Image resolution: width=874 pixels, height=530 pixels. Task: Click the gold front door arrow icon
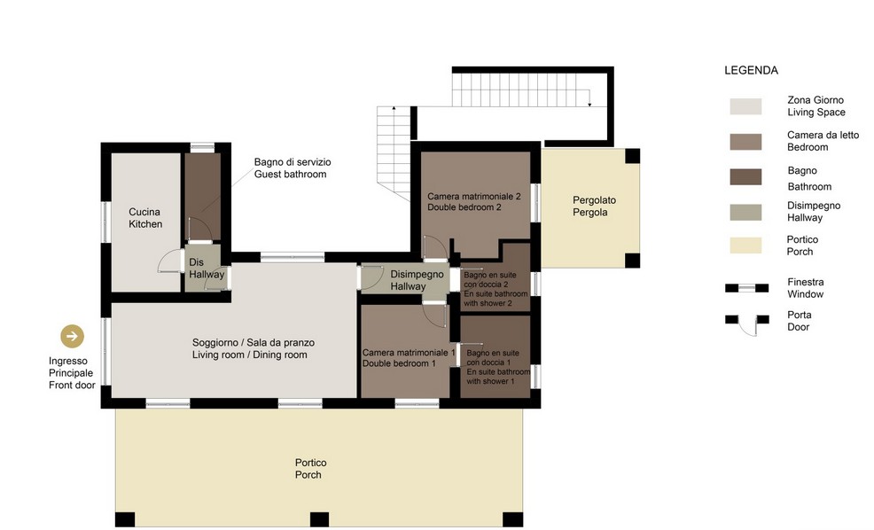click(x=73, y=336)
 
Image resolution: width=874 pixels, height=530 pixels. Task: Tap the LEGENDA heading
click(x=751, y=70)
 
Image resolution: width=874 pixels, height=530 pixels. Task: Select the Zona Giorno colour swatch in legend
click(x=745, y=106)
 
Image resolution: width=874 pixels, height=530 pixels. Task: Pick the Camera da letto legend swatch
click(x=745, y=142)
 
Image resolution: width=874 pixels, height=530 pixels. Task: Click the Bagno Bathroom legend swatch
click(x=745, y=176)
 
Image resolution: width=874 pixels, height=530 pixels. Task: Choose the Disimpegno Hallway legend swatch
click(x=745, y=213)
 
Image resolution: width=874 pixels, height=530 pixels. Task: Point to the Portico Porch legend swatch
click(x=745, y=246)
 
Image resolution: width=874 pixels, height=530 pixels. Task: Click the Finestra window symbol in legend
click(x=747, y=288)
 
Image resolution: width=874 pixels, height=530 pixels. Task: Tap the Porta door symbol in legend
click(x=747, y=324)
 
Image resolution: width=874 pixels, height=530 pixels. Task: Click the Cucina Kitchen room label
click(x=145, y=218)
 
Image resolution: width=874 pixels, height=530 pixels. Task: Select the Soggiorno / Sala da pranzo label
click(x=253, y=348)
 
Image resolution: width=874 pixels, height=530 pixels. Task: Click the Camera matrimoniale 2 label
click(x=474, y=202)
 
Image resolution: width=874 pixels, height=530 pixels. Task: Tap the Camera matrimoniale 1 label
click(x=409, y=358)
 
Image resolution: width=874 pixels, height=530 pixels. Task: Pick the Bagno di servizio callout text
click(x=293, y=168)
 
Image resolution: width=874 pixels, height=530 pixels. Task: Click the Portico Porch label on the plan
click(x=310, y=469)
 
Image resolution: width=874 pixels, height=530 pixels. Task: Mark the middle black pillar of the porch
click(x=319, y=519)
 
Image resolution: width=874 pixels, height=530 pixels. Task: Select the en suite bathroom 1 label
click(x=498, y=367)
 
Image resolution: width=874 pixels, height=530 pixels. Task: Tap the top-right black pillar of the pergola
click(x=632, y=156)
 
